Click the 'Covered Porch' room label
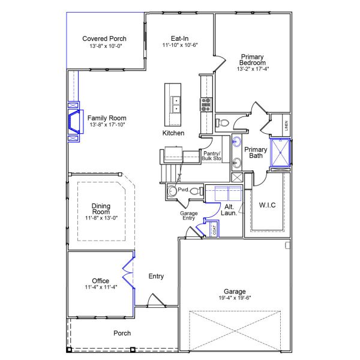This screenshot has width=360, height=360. click(x=104, y=39)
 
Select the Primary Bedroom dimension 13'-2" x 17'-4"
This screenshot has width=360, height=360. click(x=253, y=69)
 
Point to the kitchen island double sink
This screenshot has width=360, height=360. click(x=176, y=105)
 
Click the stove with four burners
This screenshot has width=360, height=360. click(x=206, y=105)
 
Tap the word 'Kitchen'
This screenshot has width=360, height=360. click(x=173, y=133)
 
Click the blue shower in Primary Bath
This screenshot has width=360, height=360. click(x=280, y=151)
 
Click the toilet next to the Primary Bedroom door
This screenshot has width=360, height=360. click(x=223, y=122)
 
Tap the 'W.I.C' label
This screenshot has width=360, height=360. click(x=267, y=205)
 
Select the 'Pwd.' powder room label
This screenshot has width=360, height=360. click(x=183, y=190)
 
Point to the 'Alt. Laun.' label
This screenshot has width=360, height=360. click(x=228, y=209)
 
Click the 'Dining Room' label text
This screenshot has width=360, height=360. click(x=101, y=209)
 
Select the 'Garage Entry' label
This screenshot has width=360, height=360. click(x=189, y=216)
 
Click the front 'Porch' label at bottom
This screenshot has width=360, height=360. click(x=122, y=333)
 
